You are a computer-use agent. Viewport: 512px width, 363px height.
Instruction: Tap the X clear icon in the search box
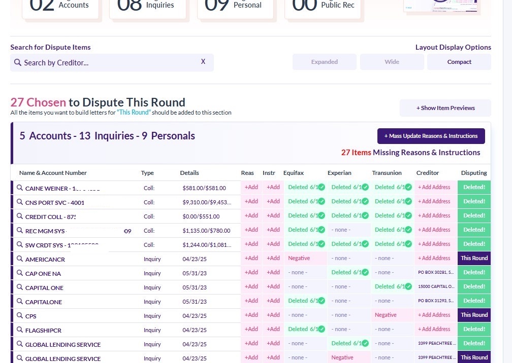click(203, 62)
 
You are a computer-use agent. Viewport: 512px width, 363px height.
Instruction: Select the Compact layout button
click(459, 62)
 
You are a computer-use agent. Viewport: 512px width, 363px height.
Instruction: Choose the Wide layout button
click(392, 62)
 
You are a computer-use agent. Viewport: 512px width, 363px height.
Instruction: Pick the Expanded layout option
click(324, 62)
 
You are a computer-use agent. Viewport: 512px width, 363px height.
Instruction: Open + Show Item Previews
click(445, 108)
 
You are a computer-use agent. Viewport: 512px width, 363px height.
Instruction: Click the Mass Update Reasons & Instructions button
click(431, 136)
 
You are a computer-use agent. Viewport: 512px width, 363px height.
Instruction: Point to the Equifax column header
click(294, 173)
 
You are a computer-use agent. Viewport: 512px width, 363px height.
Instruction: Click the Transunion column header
click(387, 173)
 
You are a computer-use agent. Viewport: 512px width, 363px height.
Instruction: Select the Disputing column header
click(473, 173)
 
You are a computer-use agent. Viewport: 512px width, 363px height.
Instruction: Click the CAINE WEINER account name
click(47, 188)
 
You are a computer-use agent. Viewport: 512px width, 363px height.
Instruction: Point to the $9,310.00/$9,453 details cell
click(207, 202)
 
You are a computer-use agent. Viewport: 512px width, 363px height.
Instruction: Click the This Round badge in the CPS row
click(474, 315)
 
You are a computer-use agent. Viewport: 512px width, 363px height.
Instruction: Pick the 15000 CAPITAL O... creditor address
click(436, 286)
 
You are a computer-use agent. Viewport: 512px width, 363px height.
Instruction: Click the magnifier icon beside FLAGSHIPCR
click(20, 330)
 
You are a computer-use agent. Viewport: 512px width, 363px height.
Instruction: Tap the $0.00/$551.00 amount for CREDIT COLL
click(201, 216)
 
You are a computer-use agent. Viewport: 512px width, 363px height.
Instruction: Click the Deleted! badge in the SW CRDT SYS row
click(474, 244)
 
